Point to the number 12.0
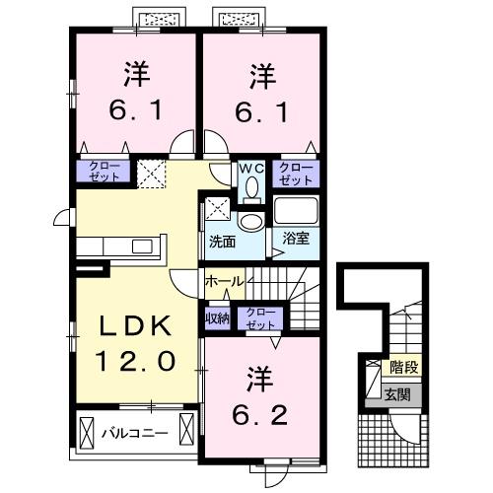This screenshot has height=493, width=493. [x=136, y=362]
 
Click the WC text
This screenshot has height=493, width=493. [x=250, y=168]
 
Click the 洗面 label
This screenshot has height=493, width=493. [x=221, y=240]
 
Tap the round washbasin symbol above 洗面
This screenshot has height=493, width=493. [x=250, y=221]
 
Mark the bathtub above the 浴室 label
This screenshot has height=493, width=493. [x=296, y=210]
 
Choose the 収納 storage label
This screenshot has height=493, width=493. [x=217, y=317]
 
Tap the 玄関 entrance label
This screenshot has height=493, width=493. [x=397, y=394]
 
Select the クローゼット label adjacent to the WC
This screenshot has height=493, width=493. [x=295, y=174]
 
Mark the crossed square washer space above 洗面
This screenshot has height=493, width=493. [x=217, y=209]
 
